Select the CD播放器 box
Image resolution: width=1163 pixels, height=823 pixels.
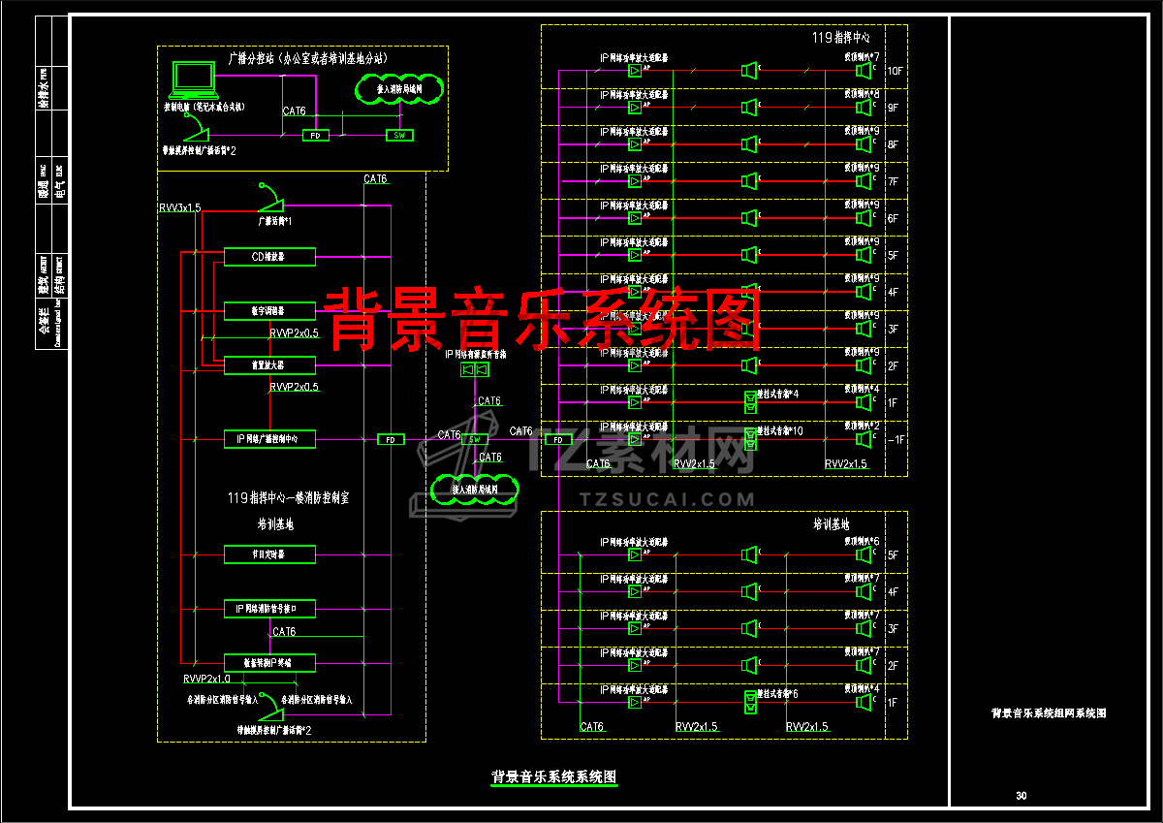(269, 257)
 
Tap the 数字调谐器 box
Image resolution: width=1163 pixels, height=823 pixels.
(269, 311)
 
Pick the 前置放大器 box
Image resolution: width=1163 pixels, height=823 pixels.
(269, 365)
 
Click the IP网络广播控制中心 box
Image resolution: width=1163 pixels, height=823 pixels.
(269, 439)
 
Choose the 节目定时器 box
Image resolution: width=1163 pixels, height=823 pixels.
(269, 554)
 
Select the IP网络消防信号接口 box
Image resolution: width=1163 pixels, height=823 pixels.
(269, 609)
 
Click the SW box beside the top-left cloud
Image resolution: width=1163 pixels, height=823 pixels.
(398, 135)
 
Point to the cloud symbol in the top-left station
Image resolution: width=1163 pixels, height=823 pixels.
(398, 90)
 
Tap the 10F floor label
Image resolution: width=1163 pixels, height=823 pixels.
(894, 71)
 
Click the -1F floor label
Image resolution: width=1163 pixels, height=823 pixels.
(894, 439)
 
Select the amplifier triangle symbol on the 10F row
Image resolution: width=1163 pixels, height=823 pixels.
(634, 71)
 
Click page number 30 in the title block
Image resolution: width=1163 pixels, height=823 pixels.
(1021, 796)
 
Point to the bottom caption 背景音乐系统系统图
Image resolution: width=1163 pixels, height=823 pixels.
(553, 776)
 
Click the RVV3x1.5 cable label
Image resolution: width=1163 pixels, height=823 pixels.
(180, 208)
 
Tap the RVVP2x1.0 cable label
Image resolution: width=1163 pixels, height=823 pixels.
(206, 679)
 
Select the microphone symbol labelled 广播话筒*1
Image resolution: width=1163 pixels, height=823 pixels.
(270, 201)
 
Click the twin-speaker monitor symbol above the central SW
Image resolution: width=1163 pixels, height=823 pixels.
(474, 370)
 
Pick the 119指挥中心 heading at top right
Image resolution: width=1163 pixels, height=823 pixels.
(840, 38)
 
